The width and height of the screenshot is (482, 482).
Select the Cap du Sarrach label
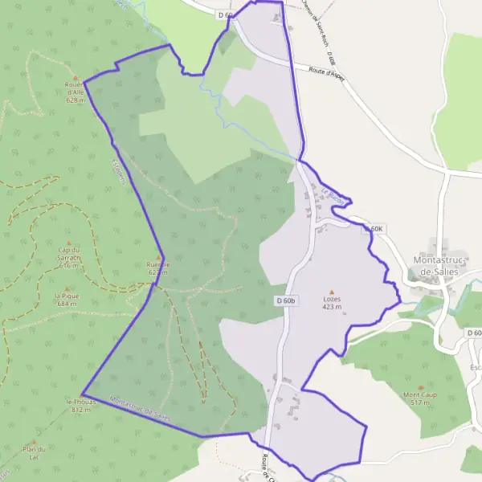click(x=68, y=258)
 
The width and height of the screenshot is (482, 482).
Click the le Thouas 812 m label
click(x=81, y=405)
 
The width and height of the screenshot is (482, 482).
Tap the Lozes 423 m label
click(x=333, y=302)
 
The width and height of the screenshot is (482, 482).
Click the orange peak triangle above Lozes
click(x=333, y=292)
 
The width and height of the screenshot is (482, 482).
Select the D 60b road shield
click(x=286, y=300)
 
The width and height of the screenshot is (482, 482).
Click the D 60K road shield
click(x=375, y=229)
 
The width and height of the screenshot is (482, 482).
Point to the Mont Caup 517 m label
click(x=419, y=398)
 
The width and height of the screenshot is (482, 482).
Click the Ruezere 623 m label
click(x=157, y=268)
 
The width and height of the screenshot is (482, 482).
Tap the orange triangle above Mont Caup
click(x=419, y=387)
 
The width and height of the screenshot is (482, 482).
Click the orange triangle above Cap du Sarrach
click(x=68, y=243)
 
